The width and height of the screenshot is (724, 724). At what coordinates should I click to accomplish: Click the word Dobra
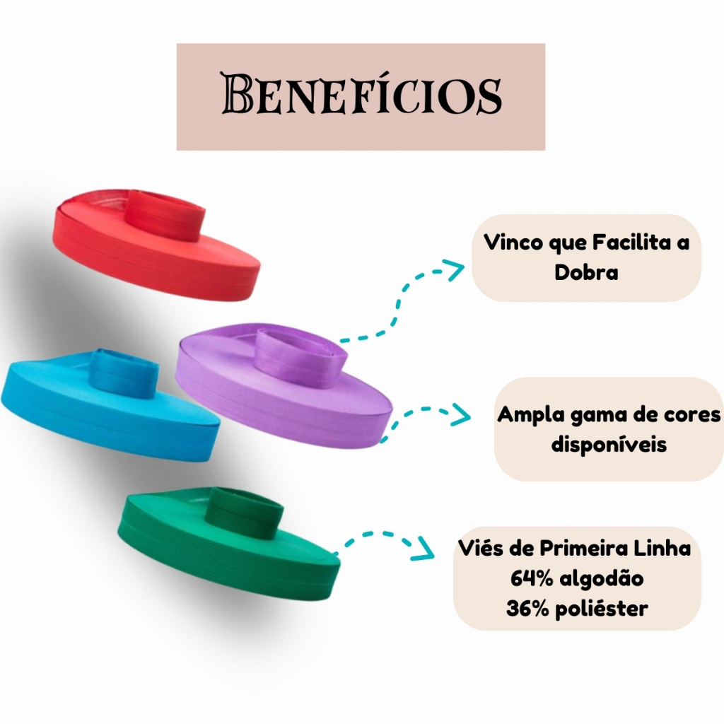[586, 273]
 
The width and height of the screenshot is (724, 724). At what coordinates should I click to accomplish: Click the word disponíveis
[608, 445]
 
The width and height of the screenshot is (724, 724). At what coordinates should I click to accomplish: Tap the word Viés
[484, 549]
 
